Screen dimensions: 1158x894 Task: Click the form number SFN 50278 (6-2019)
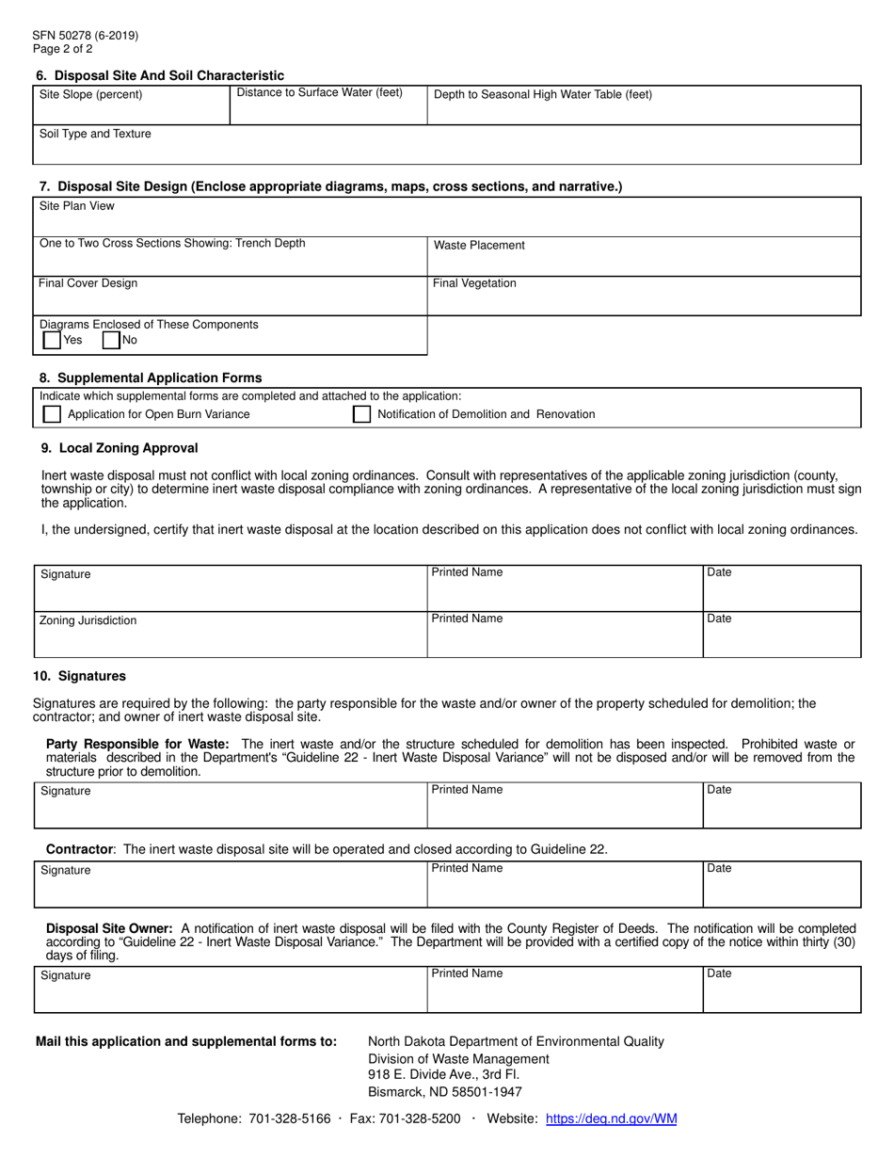(x=86, y=36)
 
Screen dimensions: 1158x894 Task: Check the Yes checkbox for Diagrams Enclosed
(x=52, y=341)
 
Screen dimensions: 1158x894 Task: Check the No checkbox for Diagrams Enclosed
(x=111, y=341)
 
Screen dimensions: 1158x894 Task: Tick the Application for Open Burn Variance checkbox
(x=52, y=414)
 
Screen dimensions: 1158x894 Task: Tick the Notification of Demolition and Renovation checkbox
(x=361, y=414)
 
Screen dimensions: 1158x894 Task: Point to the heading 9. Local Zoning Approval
(x=119, y=448)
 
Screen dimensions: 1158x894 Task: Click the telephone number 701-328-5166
(x=290, y=1119)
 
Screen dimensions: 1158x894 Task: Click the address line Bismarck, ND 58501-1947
(x=444, y=1092)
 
